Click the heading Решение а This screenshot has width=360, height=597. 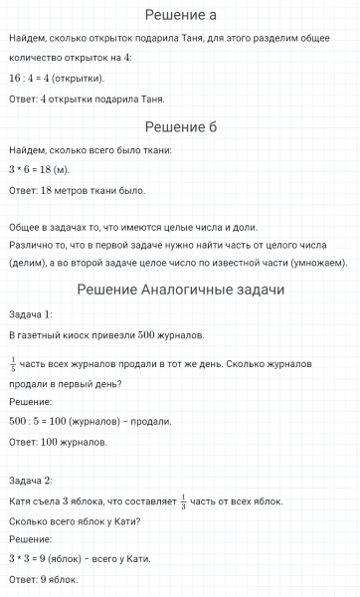(180, 15)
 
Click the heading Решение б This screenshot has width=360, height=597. (180, 126)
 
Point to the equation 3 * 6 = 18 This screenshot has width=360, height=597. (30, 170)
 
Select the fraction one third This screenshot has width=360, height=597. (183, 499)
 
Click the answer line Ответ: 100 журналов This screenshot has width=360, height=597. (57, 442)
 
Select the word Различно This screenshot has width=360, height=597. (29, 243)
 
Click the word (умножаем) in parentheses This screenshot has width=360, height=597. (321, 263)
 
